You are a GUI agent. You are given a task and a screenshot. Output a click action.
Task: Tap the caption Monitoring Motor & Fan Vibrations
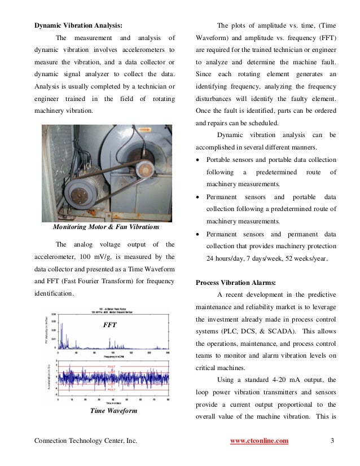[105, 227]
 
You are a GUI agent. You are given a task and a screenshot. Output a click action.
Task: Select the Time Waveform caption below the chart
[113, 411]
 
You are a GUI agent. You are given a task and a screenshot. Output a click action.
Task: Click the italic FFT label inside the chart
[109, 326]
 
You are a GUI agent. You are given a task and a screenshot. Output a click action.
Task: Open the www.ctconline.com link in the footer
[260, 441]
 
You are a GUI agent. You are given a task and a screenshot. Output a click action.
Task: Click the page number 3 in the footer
[332, 441]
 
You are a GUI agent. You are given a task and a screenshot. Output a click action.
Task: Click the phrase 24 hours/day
[230, 258]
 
